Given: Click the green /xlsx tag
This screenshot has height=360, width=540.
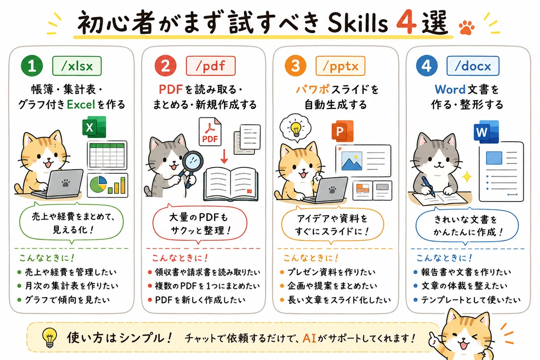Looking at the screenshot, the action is (x=77, y=66).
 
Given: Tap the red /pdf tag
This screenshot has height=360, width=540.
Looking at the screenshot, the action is (x=211, y=66).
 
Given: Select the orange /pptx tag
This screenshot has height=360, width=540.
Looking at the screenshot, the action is (x=340, y=66).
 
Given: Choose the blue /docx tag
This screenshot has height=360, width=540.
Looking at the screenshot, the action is (x=473, y=66).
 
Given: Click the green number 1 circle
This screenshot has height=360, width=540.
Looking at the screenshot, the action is (x=32, y=66).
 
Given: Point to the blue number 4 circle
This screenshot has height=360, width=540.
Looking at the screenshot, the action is (x=427, y=66).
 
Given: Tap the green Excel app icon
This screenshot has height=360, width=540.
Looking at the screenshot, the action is (x=94, y=127).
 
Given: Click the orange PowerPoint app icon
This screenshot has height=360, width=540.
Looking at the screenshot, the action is (x=342, y=131).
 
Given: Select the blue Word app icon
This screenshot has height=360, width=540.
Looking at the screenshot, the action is (x=486, y=132).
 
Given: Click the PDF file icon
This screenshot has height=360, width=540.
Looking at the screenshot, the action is (x=210, y=132).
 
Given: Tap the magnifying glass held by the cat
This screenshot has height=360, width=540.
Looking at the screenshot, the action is (x=192, y=166).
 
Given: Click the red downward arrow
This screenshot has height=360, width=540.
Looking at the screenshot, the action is (x=224, y=156).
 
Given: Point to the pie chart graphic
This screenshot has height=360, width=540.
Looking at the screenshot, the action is (x=98, y=184).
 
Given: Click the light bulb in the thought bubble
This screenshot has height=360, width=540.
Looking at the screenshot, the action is (x=296, y=129).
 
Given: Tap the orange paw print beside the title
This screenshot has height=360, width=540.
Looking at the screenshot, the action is (x=467, y=27).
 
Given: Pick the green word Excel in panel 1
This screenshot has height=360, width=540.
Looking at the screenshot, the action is (x=81, y=104).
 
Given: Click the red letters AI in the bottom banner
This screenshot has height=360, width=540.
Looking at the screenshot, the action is (x=309, y=338).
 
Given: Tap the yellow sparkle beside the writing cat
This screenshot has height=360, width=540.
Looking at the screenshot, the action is (x=467, y=177).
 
